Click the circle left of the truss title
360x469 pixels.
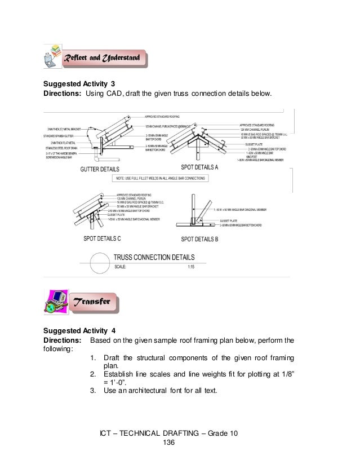point(96,261)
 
